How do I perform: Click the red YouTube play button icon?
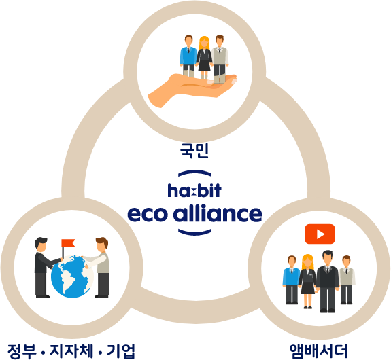[x=320, y=234]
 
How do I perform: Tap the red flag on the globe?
[x=68, y=243]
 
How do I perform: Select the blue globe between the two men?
[x=72, y=276]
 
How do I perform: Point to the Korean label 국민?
[x=194, y=151]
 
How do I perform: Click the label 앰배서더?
[x=318, y=350]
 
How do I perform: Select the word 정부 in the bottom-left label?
[x=22, y=351]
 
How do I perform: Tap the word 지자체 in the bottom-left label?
[x=71, y=350]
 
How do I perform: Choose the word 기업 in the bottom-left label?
[x=120, y=351]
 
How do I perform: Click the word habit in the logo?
[x=194, y=190]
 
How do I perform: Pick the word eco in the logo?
[x=148, y=214]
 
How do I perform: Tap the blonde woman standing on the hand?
[x=204, y=58]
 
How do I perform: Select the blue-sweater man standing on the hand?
[x=188, y=56]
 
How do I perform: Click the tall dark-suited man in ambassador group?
[x=327, y=281]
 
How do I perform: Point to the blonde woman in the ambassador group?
[x=308, y=281]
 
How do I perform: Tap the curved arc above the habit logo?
[x=194, y=173]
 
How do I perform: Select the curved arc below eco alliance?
[x=194, y=233]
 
